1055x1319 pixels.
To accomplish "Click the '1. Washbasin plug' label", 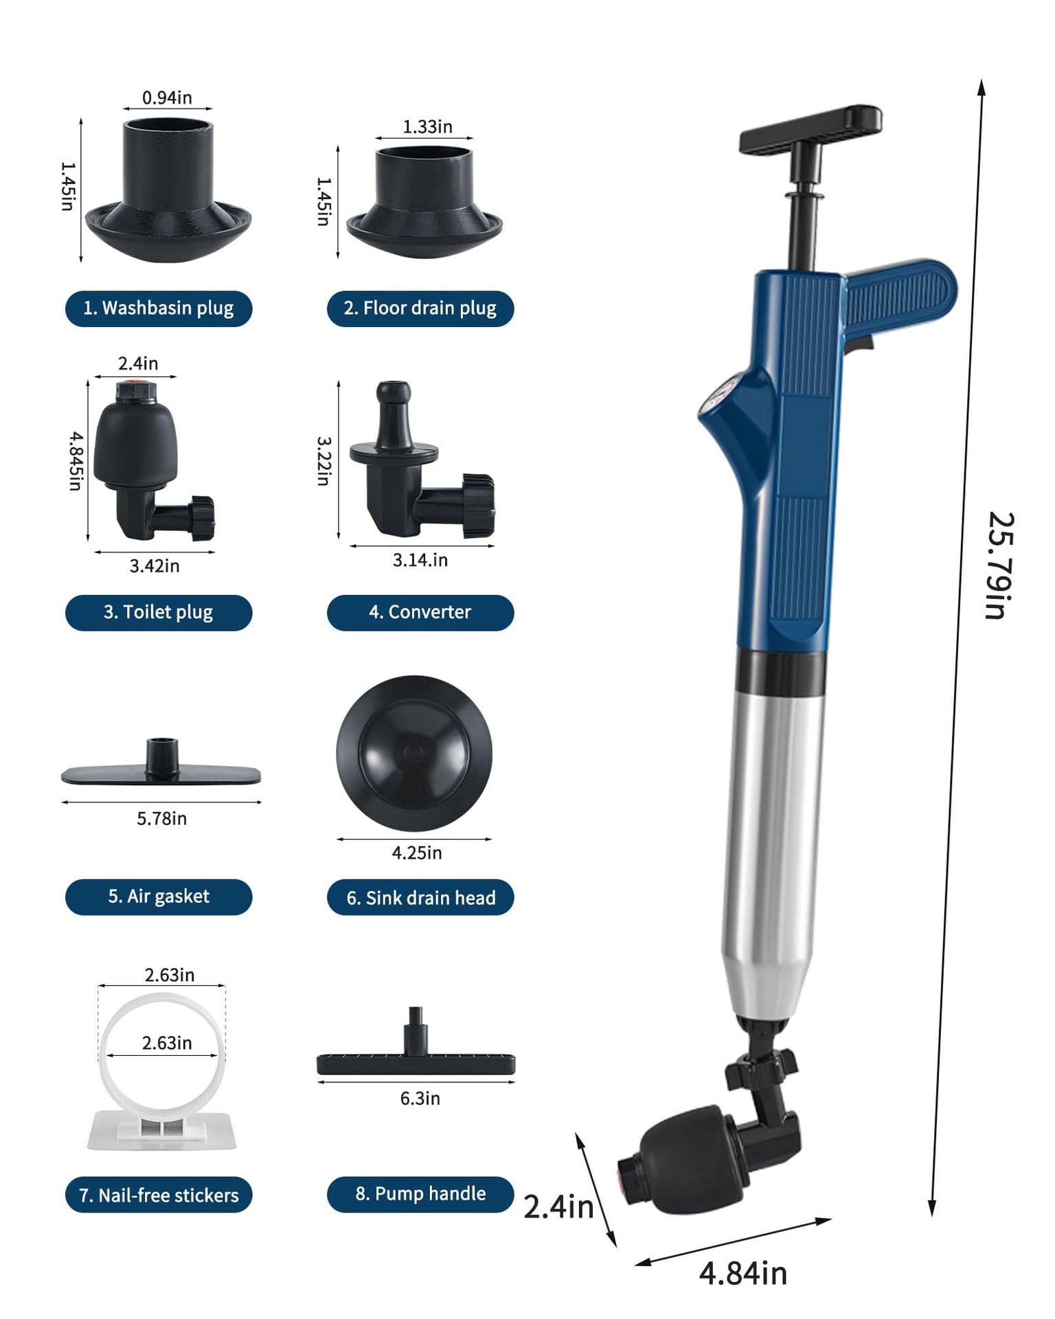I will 159,308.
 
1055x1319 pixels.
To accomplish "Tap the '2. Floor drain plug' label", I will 420,308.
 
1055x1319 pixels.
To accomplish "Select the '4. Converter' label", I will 420,612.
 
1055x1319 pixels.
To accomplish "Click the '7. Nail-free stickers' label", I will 159,1195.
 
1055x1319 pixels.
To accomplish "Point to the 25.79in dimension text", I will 999,565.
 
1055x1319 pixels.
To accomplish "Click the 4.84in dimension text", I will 742,1273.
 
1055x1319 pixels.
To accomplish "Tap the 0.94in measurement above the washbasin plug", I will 167,98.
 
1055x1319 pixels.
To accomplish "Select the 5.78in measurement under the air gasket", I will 161,818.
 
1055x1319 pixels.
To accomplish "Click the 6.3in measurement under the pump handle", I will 420,1098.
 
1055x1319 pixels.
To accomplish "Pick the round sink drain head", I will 414,753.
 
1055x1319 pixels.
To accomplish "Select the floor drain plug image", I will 424,203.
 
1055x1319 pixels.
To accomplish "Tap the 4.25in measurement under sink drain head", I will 416,853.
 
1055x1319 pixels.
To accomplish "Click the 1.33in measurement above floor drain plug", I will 427,126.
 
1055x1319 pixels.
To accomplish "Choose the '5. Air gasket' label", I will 159,897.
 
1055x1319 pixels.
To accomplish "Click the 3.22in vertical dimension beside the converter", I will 324,461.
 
